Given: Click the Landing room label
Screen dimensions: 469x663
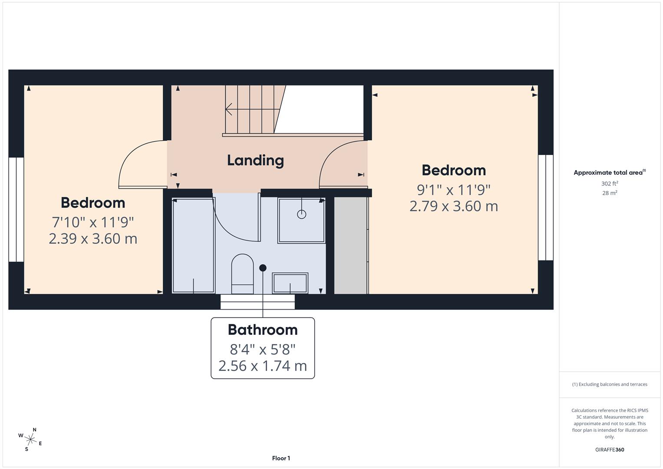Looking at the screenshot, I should [x=255, y=160].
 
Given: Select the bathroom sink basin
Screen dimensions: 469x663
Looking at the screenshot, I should [x=290, y=283].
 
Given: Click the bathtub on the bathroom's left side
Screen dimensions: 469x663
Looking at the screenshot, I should [x=193, y=245].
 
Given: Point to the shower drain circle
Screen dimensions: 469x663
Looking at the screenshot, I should [x=301, y=214].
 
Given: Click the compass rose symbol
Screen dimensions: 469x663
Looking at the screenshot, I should [x=30, y=439].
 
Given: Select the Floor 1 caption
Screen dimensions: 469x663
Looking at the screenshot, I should [x=281, y=458].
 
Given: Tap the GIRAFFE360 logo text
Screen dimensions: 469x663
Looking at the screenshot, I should [x=609, y=449].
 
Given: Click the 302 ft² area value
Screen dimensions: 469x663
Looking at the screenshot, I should [x=609, y=184].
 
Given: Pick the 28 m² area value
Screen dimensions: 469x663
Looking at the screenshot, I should [x=609, y=193].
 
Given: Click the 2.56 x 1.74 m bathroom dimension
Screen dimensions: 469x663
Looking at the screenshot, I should [x=262, y=366].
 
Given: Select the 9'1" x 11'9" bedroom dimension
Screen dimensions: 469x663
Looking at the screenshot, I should [x=453, y=190].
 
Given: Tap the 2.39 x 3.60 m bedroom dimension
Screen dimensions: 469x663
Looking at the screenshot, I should [x=93, y=238].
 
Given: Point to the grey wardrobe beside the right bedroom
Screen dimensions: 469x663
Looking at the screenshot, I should [x=350, y=245].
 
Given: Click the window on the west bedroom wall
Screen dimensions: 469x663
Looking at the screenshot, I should [x=16, y=209].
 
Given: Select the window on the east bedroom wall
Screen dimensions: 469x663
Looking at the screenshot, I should [x=545, y=208].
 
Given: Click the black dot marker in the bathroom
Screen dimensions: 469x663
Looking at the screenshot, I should [x=263, y=268].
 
